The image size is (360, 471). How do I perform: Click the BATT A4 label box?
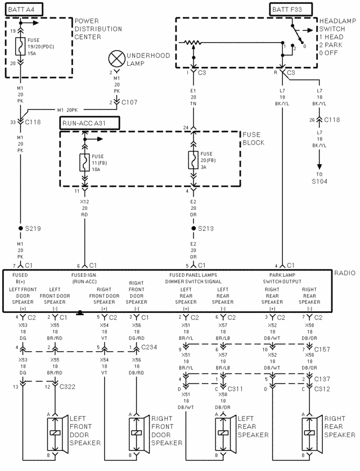click(x=23, y=9)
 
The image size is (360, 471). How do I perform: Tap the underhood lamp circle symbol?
click(x=116, y=59)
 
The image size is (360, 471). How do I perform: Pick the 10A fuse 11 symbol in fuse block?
click(x=84, y=162)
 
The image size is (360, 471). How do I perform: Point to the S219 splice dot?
click(x=21, y=229)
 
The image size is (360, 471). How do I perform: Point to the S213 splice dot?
click(x=194, y=229)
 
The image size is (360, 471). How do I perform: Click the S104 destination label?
click(x=319, y=181)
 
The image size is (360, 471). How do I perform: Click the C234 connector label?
click(x=150, y=347)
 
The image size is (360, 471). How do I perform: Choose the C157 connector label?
click(x=322, y=349)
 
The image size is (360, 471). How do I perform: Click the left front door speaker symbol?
click(x=56, y=433)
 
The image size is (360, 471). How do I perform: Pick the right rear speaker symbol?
click(x=309, y=433)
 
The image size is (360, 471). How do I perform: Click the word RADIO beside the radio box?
click(x=344, y=273)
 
